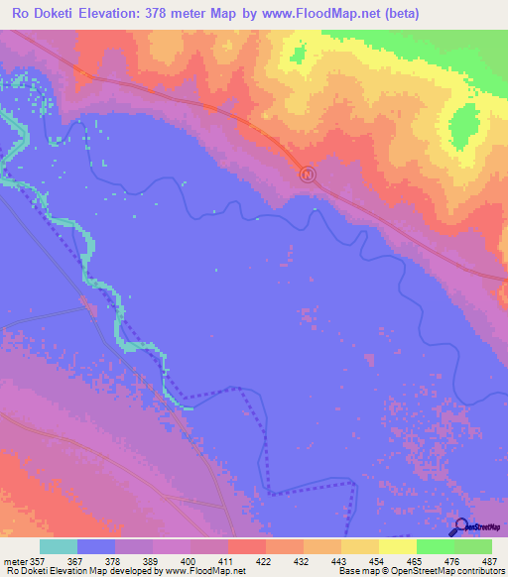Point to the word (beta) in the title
[396, 14]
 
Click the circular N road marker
[308, 174]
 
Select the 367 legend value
[73, 560]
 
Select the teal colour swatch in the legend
[59, 546]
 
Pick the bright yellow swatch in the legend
[397, 546]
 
